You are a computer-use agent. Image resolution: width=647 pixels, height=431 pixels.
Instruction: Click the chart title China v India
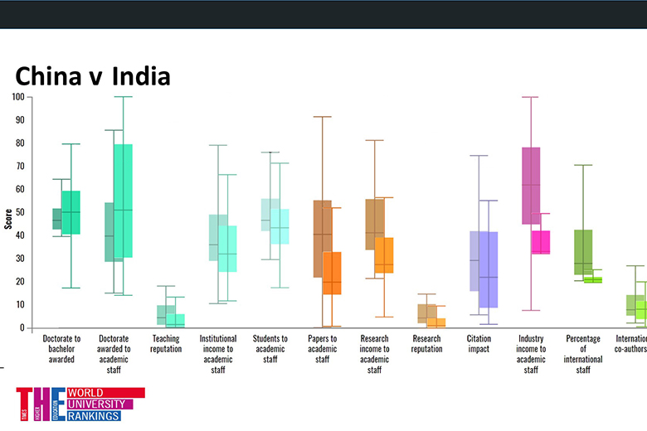pyautogui.click(x=92, y=76)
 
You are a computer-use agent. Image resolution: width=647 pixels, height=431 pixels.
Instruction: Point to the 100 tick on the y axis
pyautogui.click(x=18, y=97)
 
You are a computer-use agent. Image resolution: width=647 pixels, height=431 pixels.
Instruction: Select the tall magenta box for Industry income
pyautogui.click(x=531, y=186)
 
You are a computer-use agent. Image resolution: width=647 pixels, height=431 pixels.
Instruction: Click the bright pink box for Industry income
pyautogui.click(x=541, y=242)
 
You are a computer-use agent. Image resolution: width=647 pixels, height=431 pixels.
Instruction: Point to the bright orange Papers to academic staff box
pyautogui.click(x=332, y=273)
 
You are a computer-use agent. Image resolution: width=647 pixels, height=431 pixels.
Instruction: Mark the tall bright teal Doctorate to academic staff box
pyautogui.click(x=124, y=201)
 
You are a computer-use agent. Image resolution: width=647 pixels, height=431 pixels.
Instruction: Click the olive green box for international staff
pyautogui.click(x=583, y=252)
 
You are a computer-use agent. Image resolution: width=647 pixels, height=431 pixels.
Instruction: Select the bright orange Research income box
pyautogui.click(x=384, y=255)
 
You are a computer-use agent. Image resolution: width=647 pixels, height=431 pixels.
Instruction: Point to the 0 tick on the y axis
pyautogui.click(x=22, y=328)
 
